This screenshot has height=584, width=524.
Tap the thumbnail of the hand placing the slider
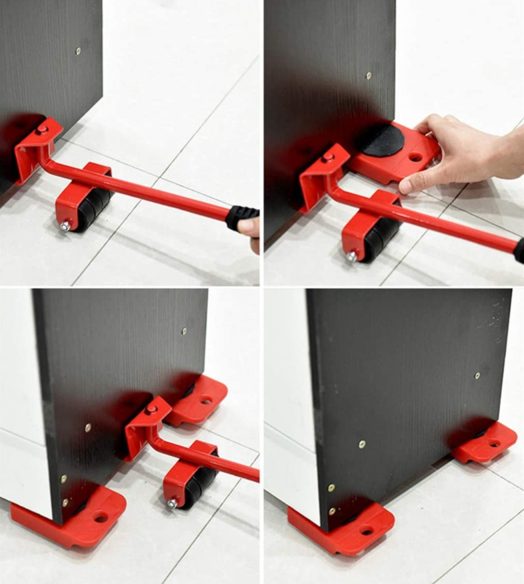[x=394, y=143]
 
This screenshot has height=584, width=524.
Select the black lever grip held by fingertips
[x=242, y=216]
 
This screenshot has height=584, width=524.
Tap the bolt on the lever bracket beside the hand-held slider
[x=329, y=157]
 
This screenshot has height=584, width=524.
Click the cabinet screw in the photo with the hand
[x=369, y=76]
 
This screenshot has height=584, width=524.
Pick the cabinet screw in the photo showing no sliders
[x=78, y=51]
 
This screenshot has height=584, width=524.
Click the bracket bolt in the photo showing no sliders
[x=42, y=129]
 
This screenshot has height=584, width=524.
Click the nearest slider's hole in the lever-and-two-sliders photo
[x=101, y=517]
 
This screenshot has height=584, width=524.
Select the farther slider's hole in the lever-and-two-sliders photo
[x=206, y=401]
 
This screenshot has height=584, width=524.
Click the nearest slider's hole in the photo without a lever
[x=366, y=531]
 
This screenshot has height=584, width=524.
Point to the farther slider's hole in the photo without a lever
[x=493, y=443]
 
